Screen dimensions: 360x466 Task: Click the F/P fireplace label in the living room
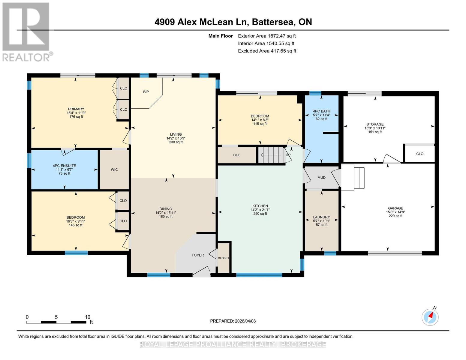[146, 92]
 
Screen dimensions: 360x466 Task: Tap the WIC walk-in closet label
[114, 170]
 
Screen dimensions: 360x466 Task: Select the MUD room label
[321, 178]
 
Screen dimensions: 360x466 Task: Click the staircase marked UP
[272, 155]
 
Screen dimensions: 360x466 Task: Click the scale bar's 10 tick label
[87, 317]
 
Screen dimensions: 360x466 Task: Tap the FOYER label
[198, 255]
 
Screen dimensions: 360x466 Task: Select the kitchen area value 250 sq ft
[260, 214]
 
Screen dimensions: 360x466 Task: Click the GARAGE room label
[395, 208]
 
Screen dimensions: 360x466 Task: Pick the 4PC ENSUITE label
[64, 166]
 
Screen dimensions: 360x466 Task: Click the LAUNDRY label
[321, 217]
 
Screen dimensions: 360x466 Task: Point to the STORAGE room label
[375, 124]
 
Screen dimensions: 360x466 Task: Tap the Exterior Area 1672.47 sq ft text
[267, 36]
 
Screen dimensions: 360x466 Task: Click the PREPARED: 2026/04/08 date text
[233, 321]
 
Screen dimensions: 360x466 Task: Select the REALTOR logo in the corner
[26, 32]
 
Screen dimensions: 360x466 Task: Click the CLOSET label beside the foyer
[223, 258]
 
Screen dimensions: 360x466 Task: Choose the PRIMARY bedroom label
[76, 109]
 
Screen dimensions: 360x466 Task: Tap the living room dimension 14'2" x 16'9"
[176, 139]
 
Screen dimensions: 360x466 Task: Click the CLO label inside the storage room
[419, 154]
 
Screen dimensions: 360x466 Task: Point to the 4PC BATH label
[321, 111]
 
